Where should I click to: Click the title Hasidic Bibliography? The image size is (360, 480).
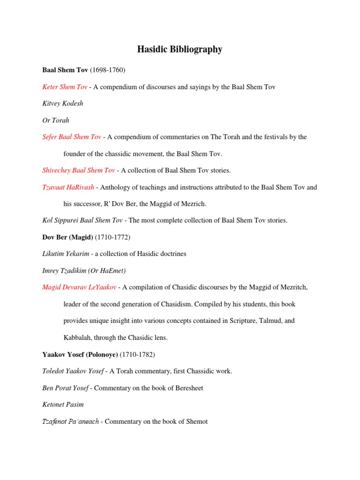[180, 49]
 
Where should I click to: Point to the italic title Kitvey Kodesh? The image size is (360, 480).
[63, 104]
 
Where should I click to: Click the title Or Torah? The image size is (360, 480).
[56, 120]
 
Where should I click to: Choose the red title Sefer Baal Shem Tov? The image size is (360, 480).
[72, 137]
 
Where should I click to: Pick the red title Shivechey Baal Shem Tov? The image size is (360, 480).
[79, 170]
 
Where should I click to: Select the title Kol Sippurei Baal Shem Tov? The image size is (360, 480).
[82, 220]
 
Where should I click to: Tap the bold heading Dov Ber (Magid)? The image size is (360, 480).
[68, 237]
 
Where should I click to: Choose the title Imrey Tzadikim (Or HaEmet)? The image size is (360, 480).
[84, 270]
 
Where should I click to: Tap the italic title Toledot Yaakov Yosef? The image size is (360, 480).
[73, 371]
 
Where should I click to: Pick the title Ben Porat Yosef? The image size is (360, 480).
[65, 388]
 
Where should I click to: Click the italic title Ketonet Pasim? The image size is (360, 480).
[63, 405]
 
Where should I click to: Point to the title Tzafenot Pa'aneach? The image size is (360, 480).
[71, 421]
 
